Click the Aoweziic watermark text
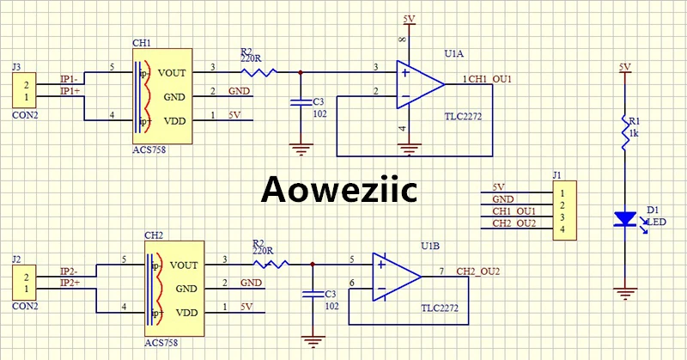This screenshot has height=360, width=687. pos(338,189)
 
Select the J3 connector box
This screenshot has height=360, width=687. pos(24,90)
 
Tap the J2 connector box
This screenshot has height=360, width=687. pos(24,283)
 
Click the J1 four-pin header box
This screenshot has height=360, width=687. pos(565,211)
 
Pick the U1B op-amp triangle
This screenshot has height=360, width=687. pos(397,278)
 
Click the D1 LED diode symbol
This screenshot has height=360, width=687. pos(625,219)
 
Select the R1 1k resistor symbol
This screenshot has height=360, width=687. pos(625,132)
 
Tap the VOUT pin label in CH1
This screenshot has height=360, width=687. pos(172,73)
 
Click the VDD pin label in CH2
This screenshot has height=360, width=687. pos(186,313)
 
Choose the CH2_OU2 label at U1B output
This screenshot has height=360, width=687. pos(478,272)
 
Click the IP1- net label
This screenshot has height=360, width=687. pos(70,79)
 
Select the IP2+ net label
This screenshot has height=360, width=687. pos(70,283)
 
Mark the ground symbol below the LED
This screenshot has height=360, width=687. pos(625,294)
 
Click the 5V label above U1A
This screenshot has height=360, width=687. pos(410,19)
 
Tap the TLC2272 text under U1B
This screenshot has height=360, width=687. pos(440,308)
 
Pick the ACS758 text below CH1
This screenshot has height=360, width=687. pos(149,150)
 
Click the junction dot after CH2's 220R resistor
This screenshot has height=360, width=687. pos(313,265)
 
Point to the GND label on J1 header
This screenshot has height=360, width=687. pos(503,199)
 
